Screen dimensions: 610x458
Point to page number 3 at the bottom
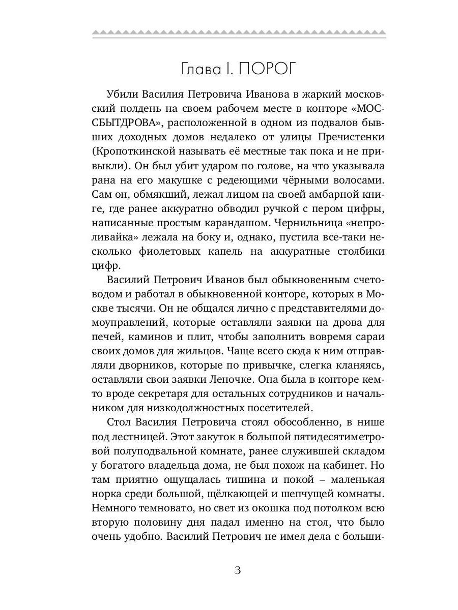237,570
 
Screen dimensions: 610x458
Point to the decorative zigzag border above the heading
239,34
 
